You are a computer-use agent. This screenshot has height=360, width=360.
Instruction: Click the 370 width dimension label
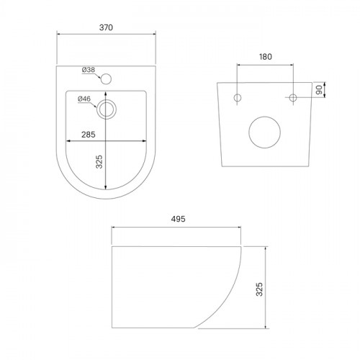click(x=106, y=27)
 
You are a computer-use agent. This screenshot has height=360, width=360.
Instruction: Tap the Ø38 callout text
click(x=89, y=70)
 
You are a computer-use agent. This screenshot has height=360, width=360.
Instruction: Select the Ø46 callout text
click(x=84, y=99)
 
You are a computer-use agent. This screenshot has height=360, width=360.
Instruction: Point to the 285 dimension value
click(x=89, y=135)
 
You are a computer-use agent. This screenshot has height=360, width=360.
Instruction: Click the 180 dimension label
click(x=266, y=57)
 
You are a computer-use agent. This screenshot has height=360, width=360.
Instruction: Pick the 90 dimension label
click(x=319, y=90)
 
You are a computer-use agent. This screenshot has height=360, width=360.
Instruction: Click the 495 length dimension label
click(x=178, y=219)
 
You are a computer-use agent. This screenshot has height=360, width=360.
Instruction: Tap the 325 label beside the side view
click(x=259, y=289)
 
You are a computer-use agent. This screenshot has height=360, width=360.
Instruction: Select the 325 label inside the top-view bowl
click(x=99, y=162)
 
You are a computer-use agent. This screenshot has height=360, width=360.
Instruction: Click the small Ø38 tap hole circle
click(x=106, y=79)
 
